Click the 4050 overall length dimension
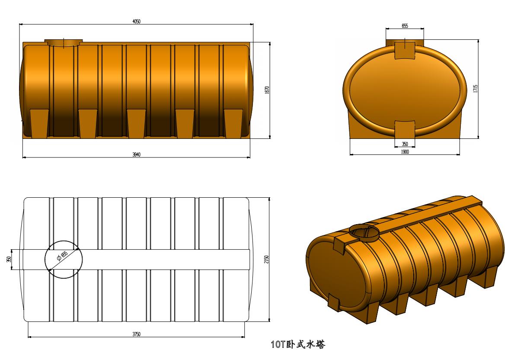[136, 22]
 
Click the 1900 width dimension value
[405, 151]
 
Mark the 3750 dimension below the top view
[136, 334]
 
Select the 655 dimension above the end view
[405, 26]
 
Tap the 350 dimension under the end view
[405, 144]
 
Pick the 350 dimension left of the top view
[9, 259]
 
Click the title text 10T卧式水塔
[297, 345]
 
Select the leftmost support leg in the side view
[39, 123]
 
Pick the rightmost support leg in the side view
[233, 123]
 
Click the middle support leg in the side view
[136, 123]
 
